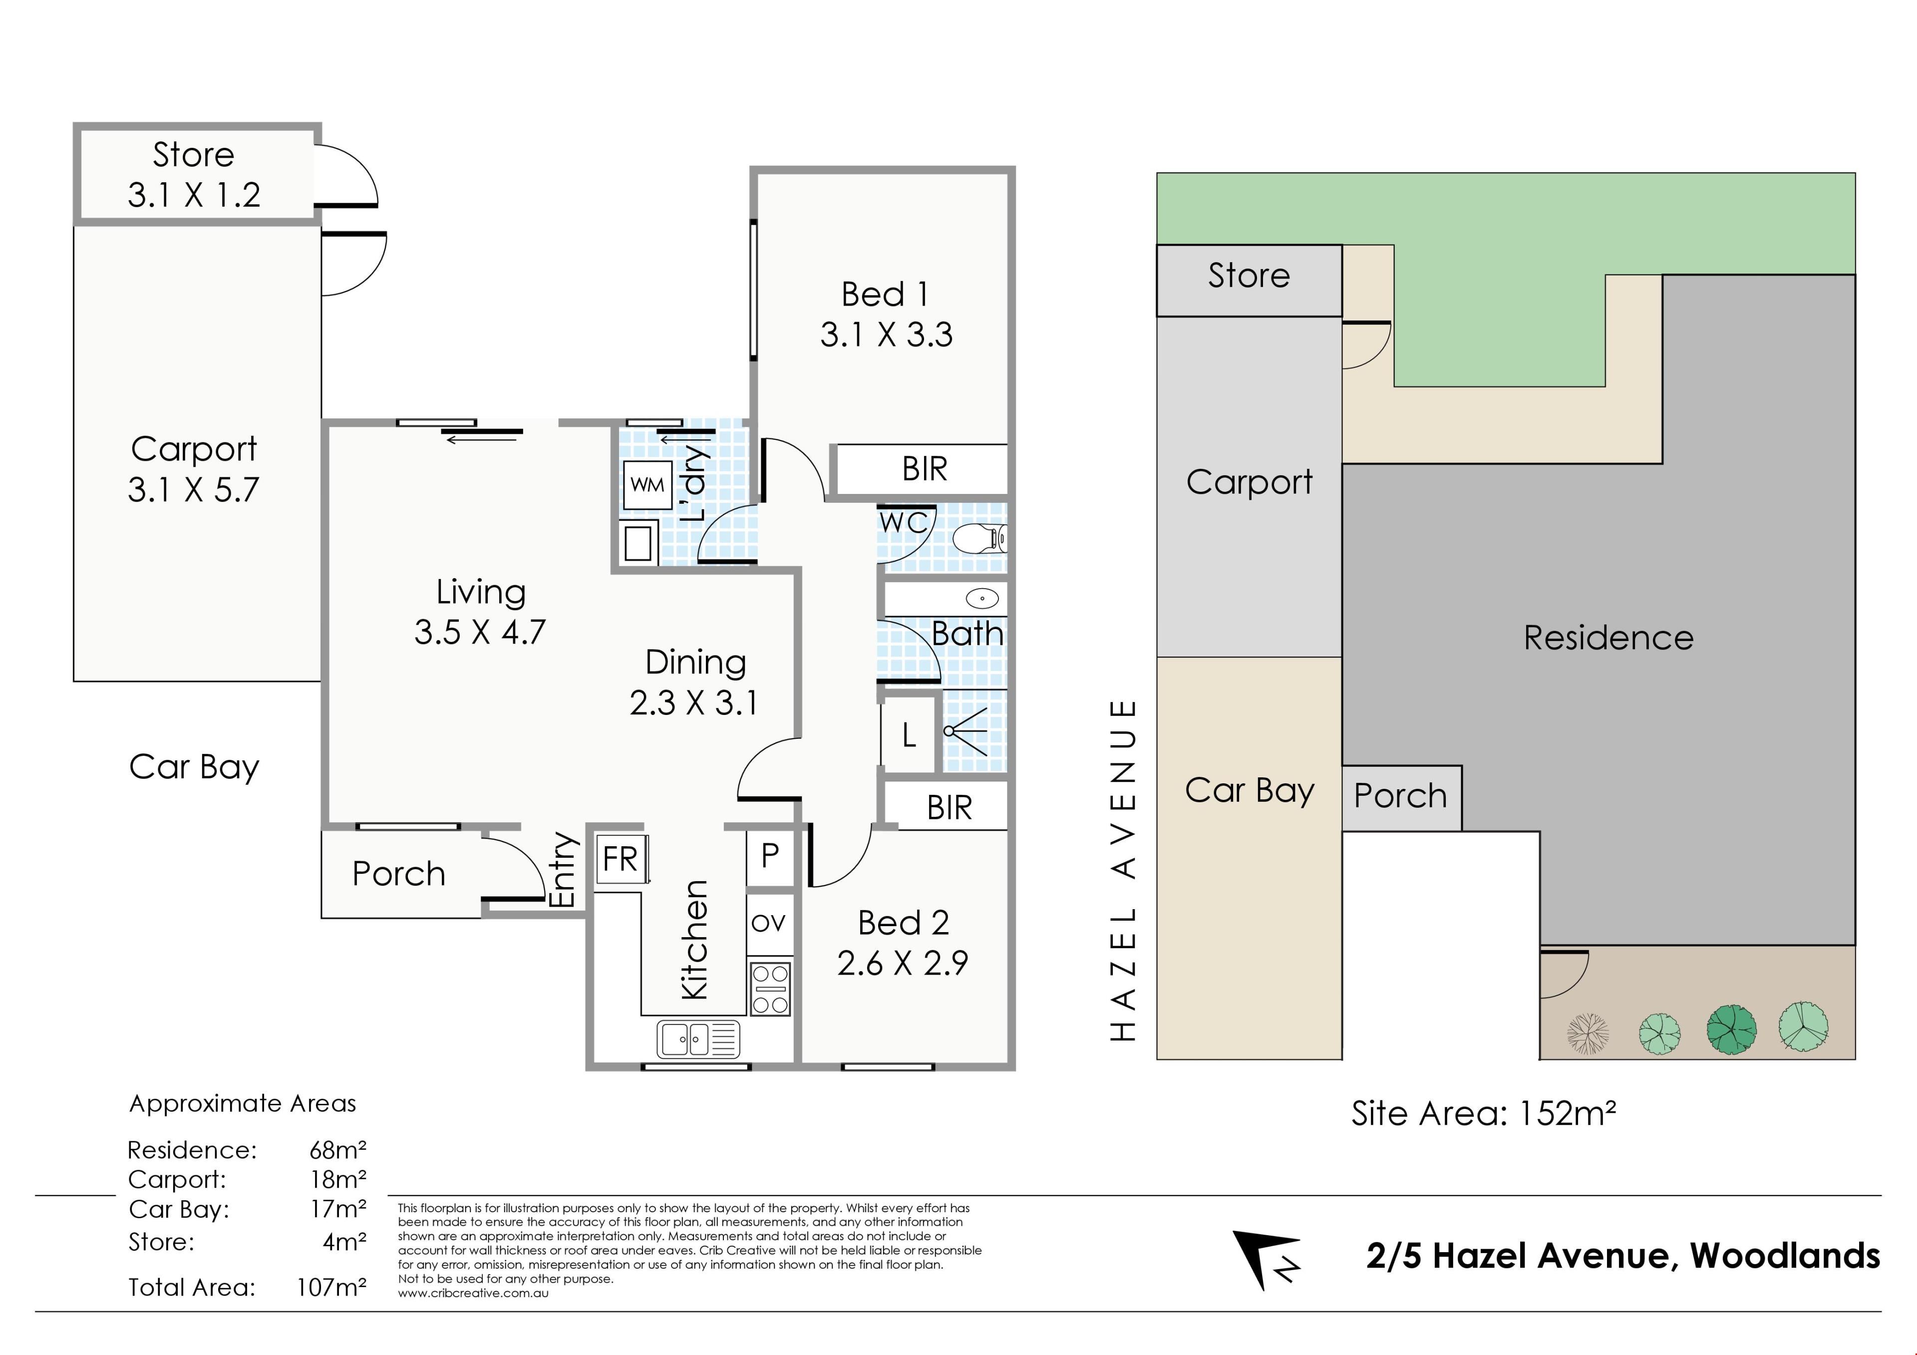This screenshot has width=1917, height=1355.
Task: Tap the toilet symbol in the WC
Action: click(x=981, y=539)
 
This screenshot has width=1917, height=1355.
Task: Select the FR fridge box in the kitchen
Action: click(x=621, y=859)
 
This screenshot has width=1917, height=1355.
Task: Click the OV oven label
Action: click(x=768, y=923)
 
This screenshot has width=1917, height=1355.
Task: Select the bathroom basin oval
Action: click(x=983, y=598)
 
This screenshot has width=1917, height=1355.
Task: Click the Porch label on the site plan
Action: click(x=1400, y=796)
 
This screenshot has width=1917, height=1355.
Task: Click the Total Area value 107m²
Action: click(x=331, y=1287)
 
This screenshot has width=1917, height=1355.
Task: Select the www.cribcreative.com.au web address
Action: click(x=473, y=1293)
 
